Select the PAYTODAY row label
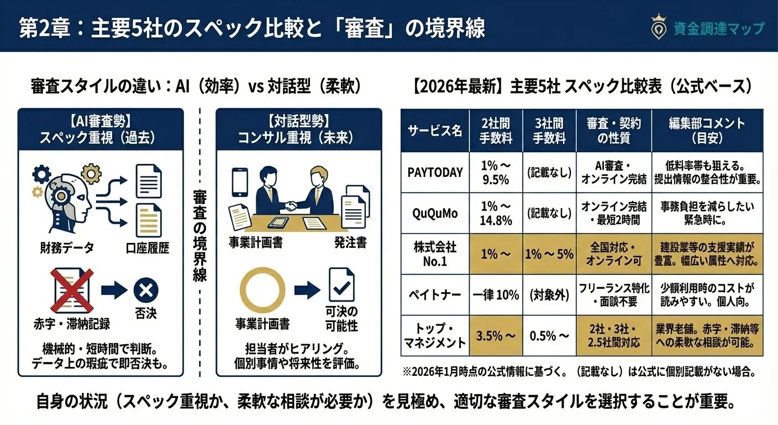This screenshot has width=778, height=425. [x=434, y=172]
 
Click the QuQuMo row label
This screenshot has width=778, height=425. [x=434, y=213]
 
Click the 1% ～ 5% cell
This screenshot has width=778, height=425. [x=549, y=254]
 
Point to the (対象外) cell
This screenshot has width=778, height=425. [x=549, y=294]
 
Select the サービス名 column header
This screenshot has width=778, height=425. [x=434, y=131]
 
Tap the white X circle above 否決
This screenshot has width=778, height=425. [x=146, y=289]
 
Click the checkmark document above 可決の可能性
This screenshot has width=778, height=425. [x=341, y=284]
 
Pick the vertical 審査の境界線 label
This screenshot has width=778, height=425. [x=199, y=235]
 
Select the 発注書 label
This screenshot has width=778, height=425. [x=350, y=242]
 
